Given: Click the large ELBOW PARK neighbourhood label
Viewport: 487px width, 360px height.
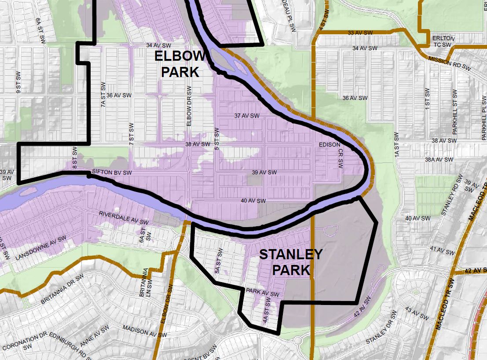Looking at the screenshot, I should tap(180, 64).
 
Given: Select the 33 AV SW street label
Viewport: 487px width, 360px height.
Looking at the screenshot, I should tap(359, 33).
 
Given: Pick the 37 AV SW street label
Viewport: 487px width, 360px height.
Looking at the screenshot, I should tap(247, 116).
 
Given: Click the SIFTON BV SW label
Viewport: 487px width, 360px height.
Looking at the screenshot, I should tap(112, 172).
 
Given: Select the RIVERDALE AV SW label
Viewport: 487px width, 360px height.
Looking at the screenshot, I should tap(124, 218).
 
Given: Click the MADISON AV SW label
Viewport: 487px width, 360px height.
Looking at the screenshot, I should tap(145, 331).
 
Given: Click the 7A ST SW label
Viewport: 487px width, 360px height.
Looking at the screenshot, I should tap(103, 95).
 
